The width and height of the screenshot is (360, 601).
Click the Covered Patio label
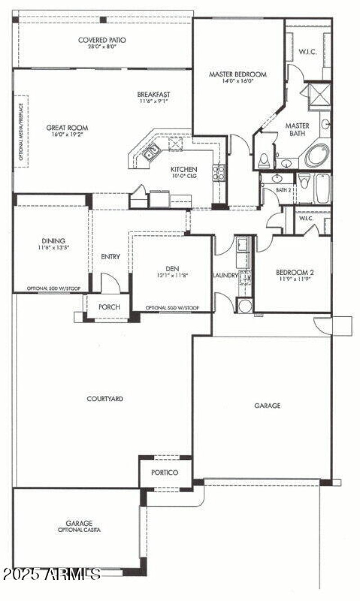click(x=102, y=40)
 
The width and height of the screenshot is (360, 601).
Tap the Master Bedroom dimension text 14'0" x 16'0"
click(x=238, y=81)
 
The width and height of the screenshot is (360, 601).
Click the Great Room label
click(x=67, y=127)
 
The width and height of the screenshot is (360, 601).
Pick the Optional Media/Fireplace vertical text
click(x=21, y=131)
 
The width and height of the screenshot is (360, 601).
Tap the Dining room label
click(x=54, y=241)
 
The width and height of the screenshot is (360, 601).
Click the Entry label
click(x=110, y=256)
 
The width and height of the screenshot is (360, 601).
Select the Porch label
click(x=109, y=307)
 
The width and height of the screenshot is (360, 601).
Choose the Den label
click(x=172, y=269)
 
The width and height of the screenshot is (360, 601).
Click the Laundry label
click(x=225, y=275)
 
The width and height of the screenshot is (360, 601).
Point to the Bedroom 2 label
click(x=294, y=272)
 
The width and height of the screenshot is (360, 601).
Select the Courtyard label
click(x=105, y=399)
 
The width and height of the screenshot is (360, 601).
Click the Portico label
click(x=165, y=472)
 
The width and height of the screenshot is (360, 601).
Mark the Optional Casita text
click(x=79, y=530)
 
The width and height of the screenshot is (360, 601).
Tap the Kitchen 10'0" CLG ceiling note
click(x=184, y=176)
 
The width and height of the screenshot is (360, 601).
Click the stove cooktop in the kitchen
click(x=219, y=172)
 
